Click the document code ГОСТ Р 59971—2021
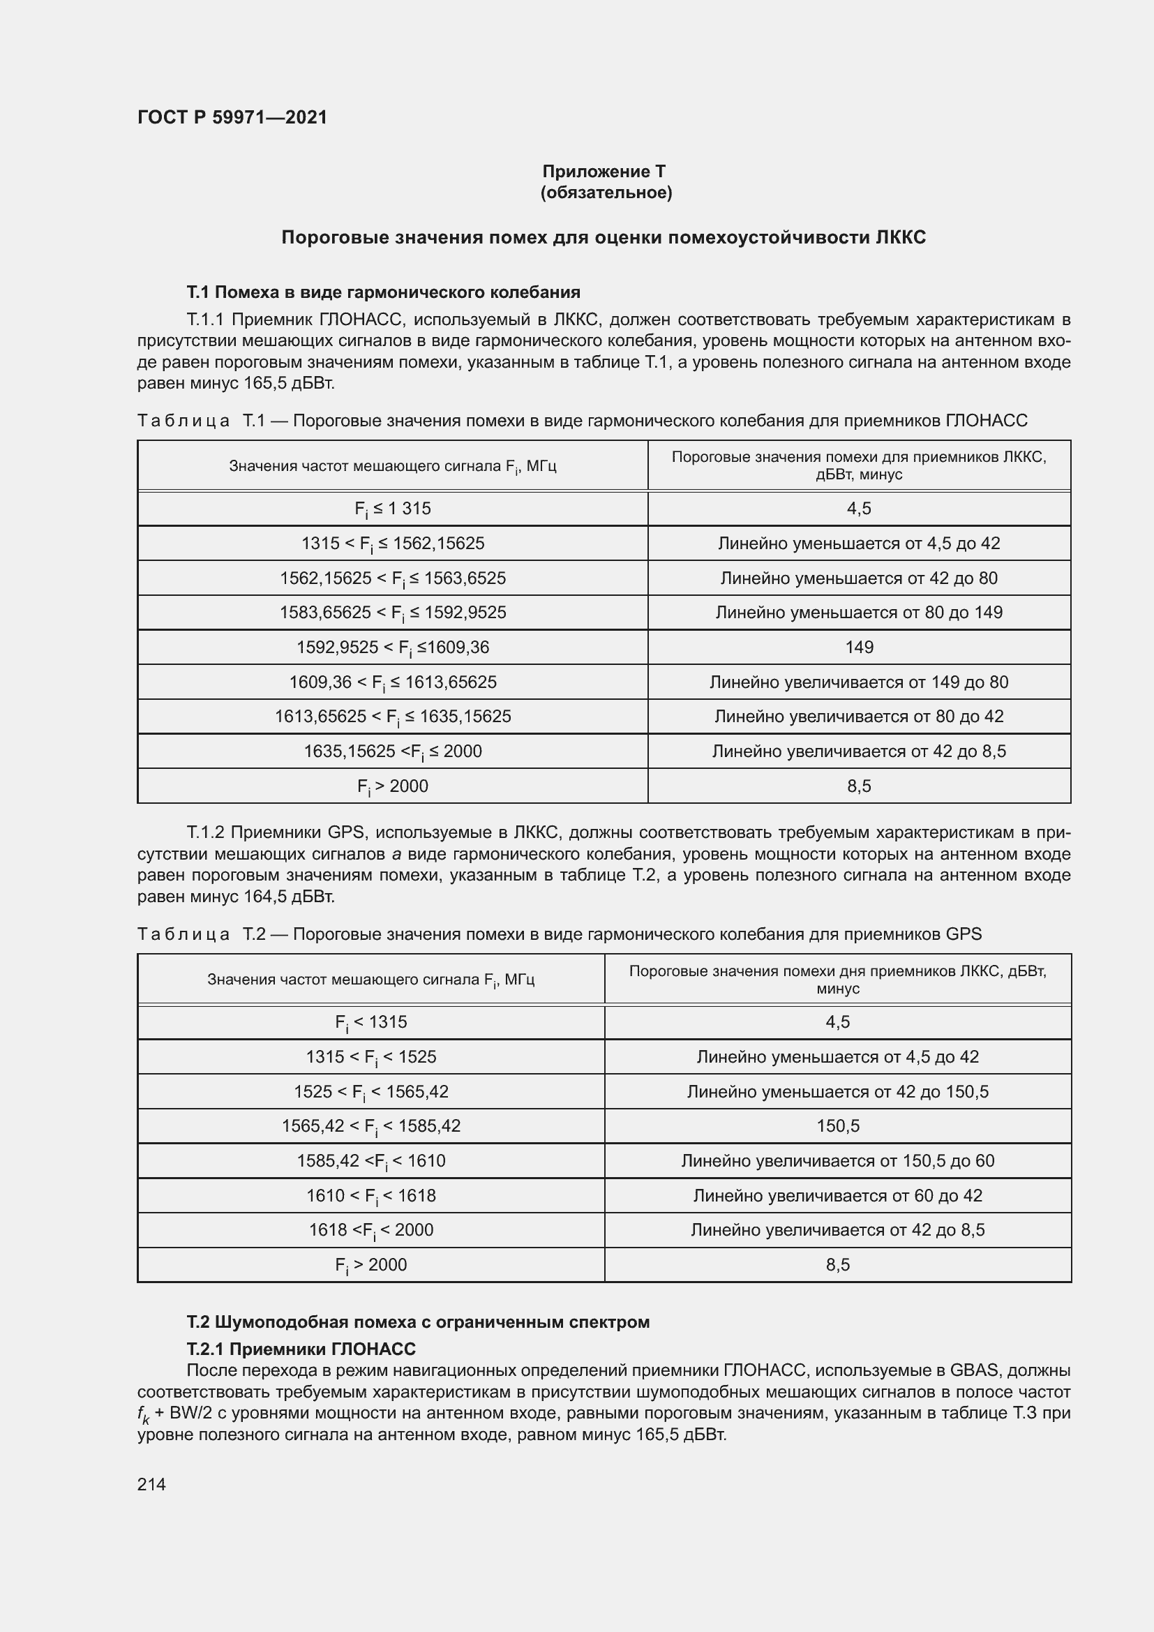pyautogui.click(x=232, y=117)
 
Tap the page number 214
pyautogui.click(x=151, y=1484)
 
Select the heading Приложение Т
pyautogui.click(x=604, y=172)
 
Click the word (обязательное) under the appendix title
pyautogui.click(x=606, y=193)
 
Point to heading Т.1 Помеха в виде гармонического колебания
pyautogui.click(x=383, y=292)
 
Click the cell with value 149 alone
pyautogui.click(x=859, y=647)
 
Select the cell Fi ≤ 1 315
pyautogui.click(x=392, y=509)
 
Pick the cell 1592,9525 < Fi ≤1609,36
pyautogui.click(x=392, y=647)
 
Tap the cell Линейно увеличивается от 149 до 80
pyautogui.click(x=859, y=682)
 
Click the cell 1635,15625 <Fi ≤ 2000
pyautogui.click(x=392, y=751)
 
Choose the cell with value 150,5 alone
pyautogui.click(x=838, y=1126)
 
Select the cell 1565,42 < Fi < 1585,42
pyautogui.click(x=371, y=1126)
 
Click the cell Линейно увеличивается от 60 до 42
pyautogui.click(x=838, y=1196)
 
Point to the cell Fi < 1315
pyautogui.click(x=371, y=1022)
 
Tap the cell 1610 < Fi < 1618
pyautogui.click(x=371, y=1196)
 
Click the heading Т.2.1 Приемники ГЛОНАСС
pyautogui.click(x=301, y=1349)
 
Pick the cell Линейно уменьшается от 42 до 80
pyautogui.click(x=859, y=578)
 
